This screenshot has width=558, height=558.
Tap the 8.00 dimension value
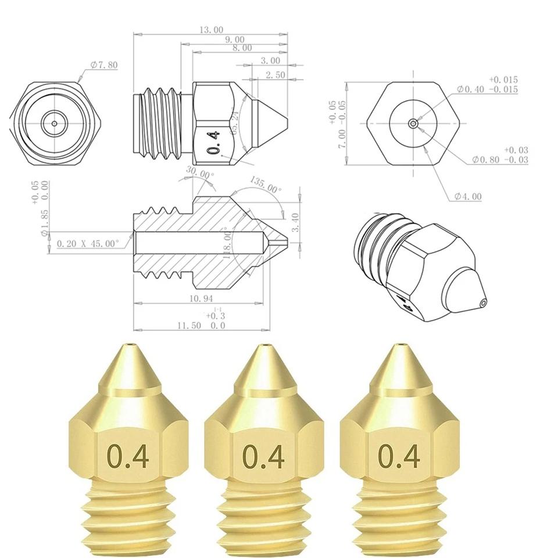241,48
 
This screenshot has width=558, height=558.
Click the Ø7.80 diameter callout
104,65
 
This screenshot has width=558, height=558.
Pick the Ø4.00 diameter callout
468,196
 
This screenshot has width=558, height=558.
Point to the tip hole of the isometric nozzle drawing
483,302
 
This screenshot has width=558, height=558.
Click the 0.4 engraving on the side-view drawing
214,142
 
